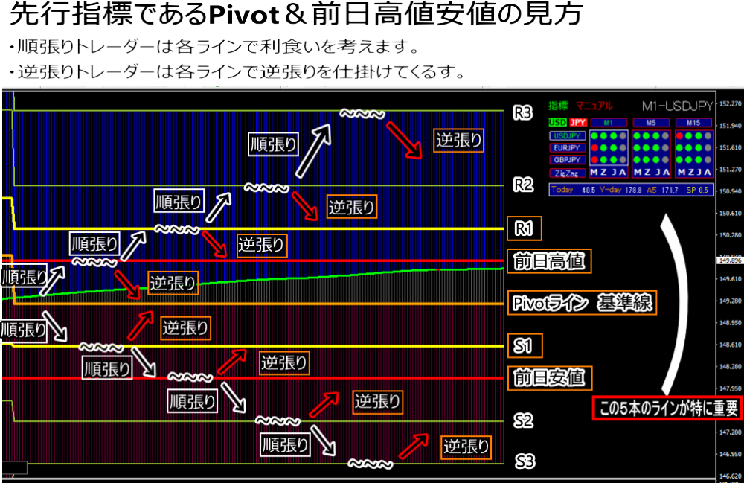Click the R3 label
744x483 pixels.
click(x=524, y=114)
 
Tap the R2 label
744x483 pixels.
click(x=524, y=185)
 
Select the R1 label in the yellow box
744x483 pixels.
click(x=524, y=228)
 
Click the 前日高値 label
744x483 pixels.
click(x=549, y=260)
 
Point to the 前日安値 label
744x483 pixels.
click(x=549, y=377)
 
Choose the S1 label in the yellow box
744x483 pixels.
click(x=524, y=345)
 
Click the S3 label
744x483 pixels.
click(x=525, y=461)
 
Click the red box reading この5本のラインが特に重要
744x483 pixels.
click(x=667, y=408)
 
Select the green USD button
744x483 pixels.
click(x=557, y=122)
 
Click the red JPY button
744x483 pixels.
click(x=578, y=122)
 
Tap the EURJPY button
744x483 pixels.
click(x=567, y=147)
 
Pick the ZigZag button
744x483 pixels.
click(x=567, y=172)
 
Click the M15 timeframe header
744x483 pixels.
click(x=693, y=122)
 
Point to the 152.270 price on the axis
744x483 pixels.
click(x=729, y=104)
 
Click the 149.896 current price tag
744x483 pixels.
click(x=729, y=260)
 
